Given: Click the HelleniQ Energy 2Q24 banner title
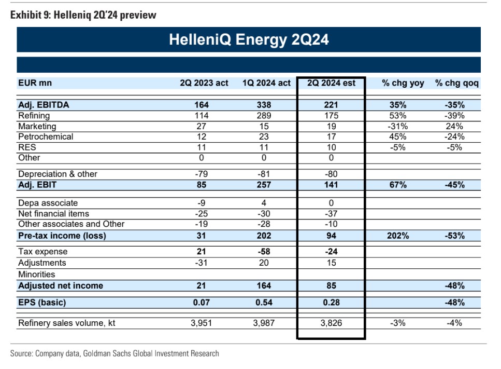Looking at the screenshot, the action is point(249,39).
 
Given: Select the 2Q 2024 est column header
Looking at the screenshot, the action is point(331,83).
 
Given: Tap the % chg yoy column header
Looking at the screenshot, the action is point(403,83).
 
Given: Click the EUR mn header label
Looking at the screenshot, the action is point(35,83).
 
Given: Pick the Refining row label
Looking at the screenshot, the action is point(34,116).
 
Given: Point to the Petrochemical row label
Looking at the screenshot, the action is point(46,136).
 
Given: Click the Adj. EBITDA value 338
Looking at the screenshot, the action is point(264,105).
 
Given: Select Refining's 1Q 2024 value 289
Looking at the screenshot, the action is point(264,116).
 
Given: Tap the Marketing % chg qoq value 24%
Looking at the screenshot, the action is point(454,126).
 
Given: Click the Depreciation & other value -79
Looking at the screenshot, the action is point(202,174).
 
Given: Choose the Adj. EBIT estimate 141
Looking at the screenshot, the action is point(331,185).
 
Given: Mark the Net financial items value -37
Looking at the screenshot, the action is point(331,213).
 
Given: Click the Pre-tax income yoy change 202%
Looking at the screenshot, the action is point(398,236).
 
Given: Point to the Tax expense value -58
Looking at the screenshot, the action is point(264,252).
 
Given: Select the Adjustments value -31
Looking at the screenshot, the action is point(202,263).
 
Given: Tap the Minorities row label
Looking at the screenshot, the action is point(36,274).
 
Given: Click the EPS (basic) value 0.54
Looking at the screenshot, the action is point(264,303).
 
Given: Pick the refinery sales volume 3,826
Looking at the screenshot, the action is point(331,323).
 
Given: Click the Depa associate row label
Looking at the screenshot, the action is point(48,203).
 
